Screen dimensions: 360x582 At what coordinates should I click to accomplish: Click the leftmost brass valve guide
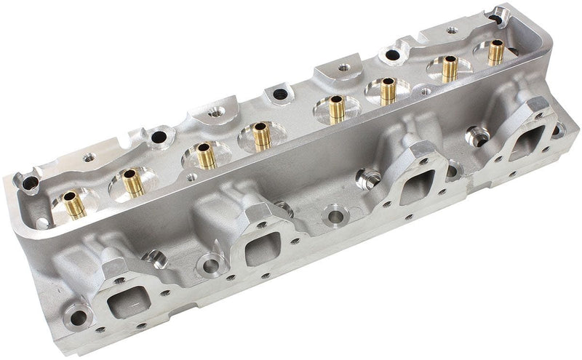[71, 205]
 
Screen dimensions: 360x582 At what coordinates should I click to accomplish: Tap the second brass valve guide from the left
[132, 183]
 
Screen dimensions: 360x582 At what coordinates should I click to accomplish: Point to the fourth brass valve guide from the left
[260, 136]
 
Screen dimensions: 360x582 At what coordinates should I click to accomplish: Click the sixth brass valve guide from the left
[387, 91]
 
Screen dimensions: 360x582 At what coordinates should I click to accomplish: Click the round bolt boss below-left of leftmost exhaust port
[75, 314]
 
